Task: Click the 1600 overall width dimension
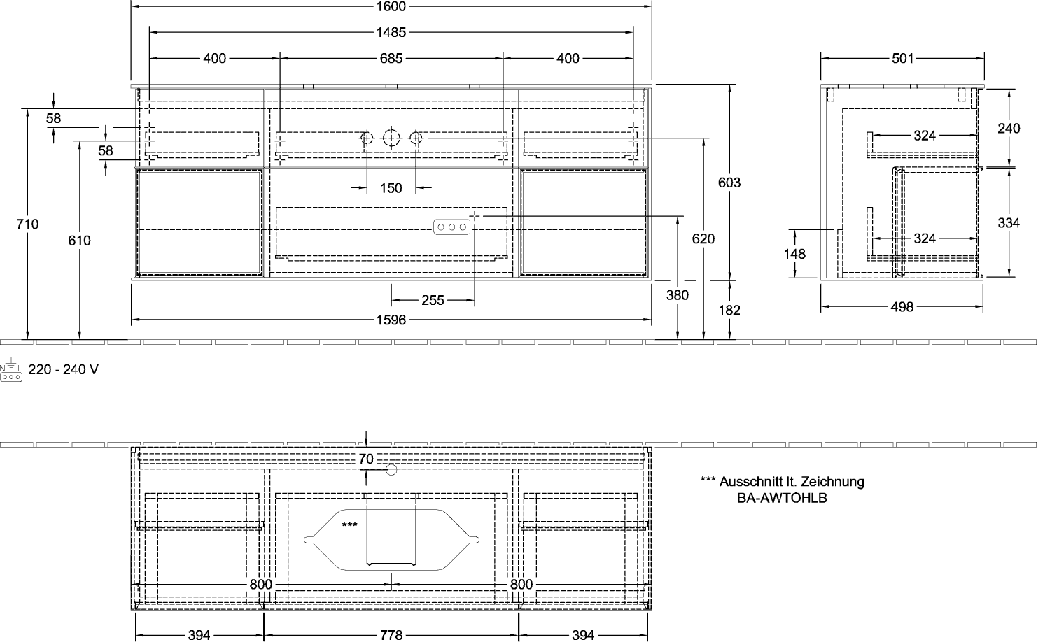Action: tap(391, 6)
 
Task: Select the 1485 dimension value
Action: tap(391, 32)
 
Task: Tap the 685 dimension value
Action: tap(391, 58)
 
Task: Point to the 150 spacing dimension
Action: tap(391, 188)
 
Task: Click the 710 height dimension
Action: tap(27, 224)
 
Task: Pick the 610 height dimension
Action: tap(79, 241)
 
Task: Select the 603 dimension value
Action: tap(729, 183)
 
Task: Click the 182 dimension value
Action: tap(729, 310)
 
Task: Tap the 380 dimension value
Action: tap(678, 295)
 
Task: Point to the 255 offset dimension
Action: tap(433, 301)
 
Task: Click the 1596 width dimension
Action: tap(391, 320)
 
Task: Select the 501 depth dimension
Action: tap(903, 58)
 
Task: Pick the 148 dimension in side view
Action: tap(794, 254)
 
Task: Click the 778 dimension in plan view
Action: tap(391, 635)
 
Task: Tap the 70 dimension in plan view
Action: tap(366, 459)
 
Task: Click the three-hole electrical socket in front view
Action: tap(452, 227)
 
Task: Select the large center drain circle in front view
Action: tap(391, 138)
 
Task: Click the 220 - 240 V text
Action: tap(64, 369)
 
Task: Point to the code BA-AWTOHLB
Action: tap(782, 498)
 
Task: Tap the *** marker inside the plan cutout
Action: tap(349, 525)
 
